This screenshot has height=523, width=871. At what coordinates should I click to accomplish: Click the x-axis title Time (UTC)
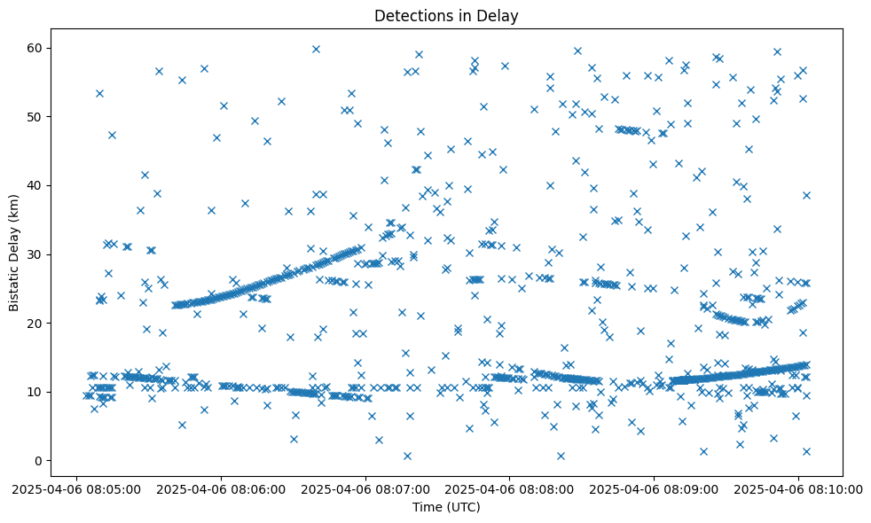[x=446, y=507]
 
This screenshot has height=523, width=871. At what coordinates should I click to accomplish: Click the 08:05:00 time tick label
[x=76, y=488]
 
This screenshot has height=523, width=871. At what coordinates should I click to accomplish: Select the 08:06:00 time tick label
[x=221, y=488]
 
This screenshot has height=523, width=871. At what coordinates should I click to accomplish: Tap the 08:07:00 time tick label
[x=365, y=488]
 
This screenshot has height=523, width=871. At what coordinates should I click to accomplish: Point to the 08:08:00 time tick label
[x=510, y=488]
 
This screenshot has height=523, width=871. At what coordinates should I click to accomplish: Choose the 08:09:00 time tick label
[x=655, y=488]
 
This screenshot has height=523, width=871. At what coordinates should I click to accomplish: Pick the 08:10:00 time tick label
[x=799, y=488]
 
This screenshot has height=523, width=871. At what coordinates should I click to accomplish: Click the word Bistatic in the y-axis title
[x=14, y=282]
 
